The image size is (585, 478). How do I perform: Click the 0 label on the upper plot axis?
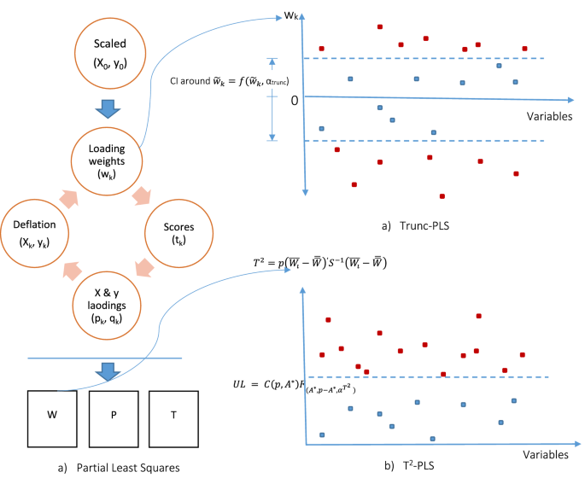293,100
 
